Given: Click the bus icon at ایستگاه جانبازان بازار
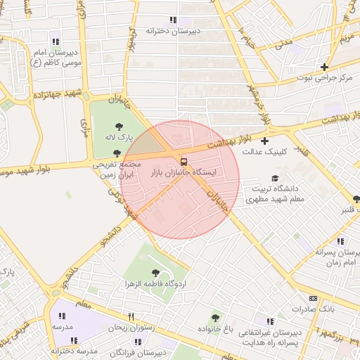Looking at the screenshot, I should pos(184,160).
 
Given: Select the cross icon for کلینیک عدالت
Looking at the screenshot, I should pos(265,141).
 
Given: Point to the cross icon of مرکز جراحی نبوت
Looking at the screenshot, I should pos(324,67).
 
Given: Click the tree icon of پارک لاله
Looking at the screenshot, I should pos(118,127).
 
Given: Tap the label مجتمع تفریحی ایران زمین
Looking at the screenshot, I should pos(116,168).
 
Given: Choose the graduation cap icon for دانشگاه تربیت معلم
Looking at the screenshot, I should pos(275,179).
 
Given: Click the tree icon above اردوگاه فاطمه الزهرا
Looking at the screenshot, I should pos(155,273).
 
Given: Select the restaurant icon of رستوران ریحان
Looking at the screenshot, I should pos(131,316).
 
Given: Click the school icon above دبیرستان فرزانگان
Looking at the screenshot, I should pos(138,342).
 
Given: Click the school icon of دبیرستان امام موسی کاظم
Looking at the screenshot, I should pos(56,41).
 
